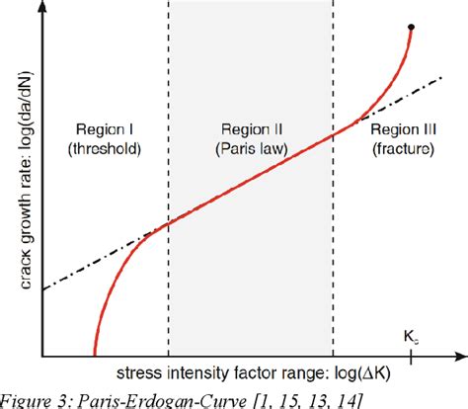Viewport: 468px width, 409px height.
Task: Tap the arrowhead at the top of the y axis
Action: (x=42, y=7)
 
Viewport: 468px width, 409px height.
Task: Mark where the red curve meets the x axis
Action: (x=95, y=355)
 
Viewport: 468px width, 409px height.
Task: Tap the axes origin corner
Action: (x=42, y=356)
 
